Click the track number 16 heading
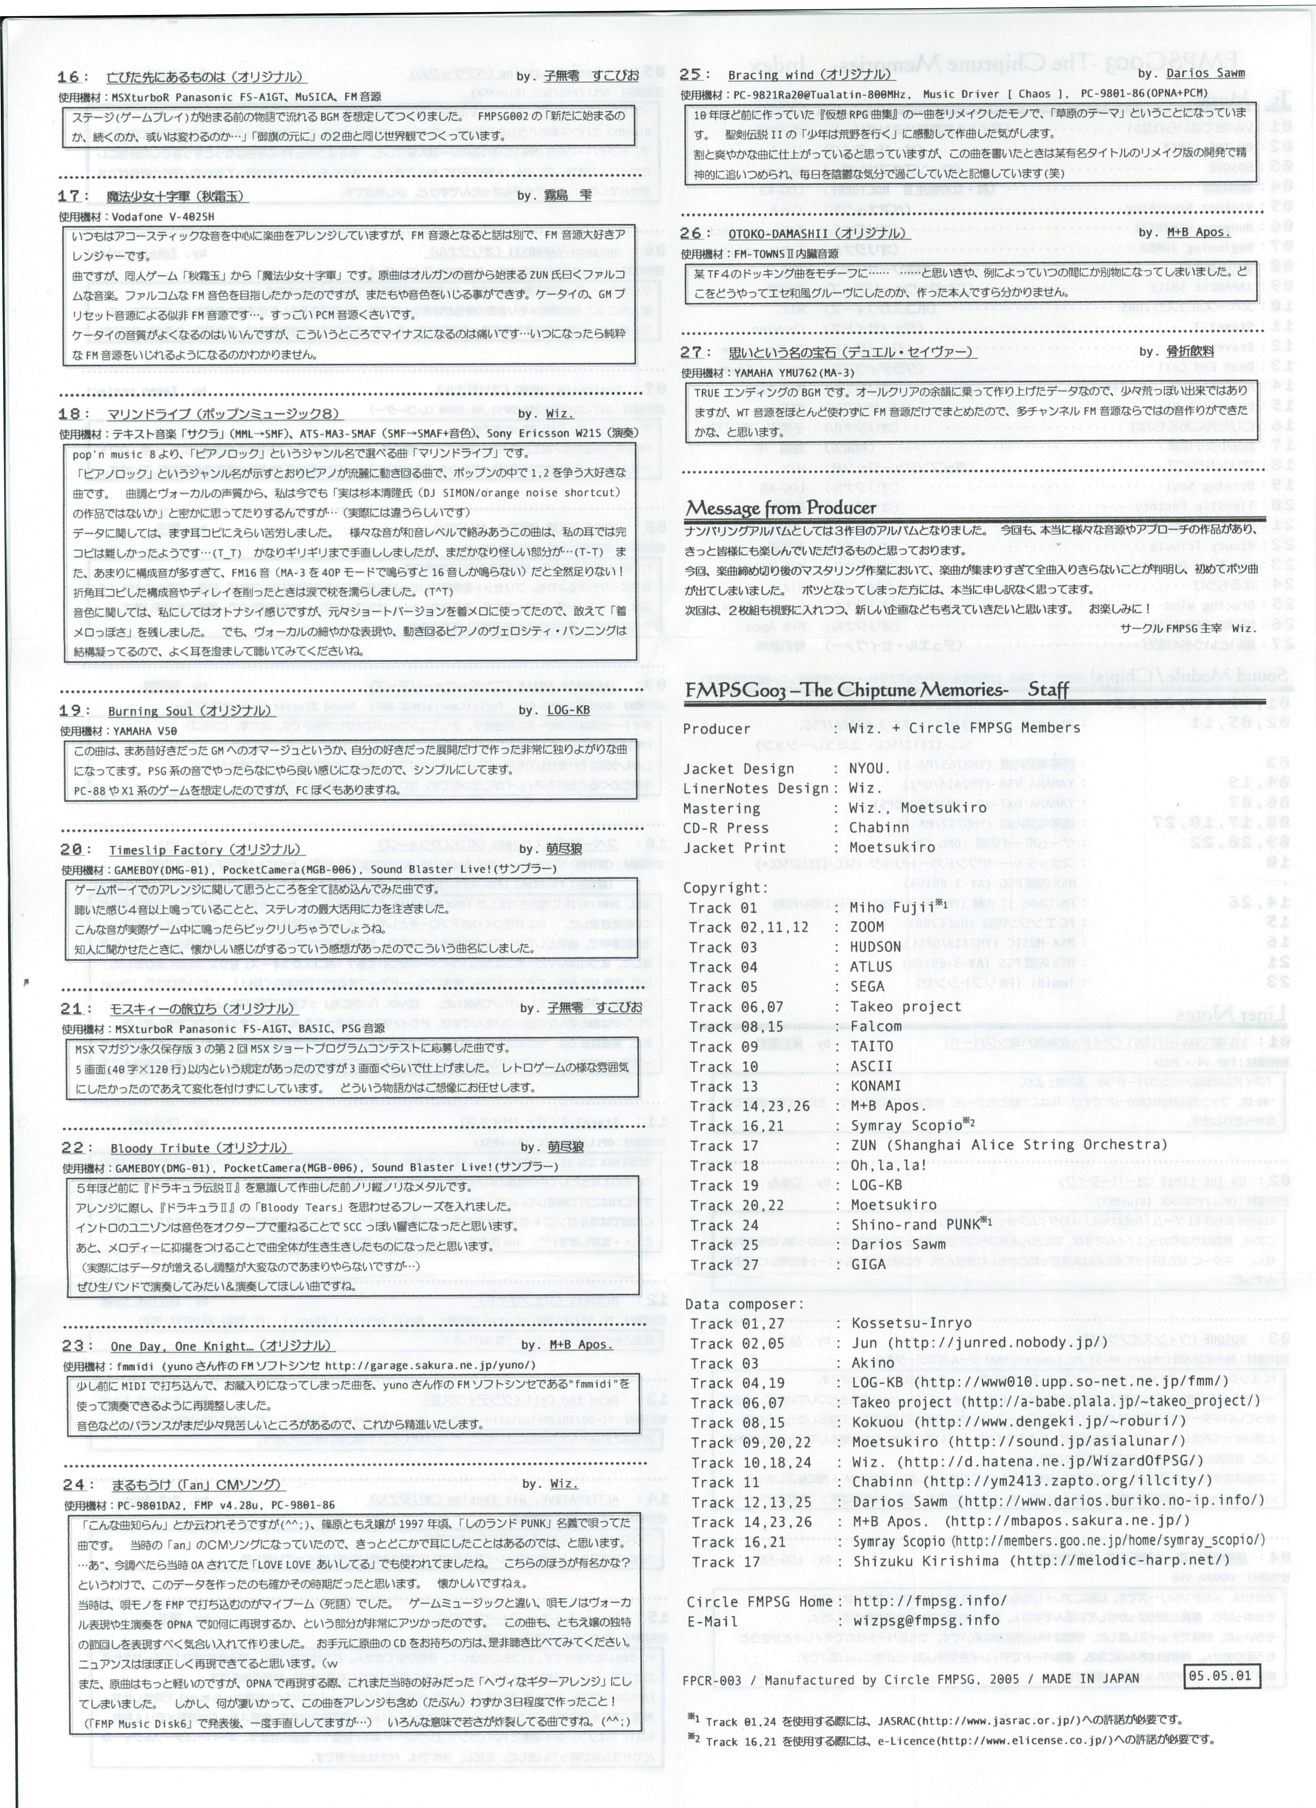68,77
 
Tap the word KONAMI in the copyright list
875,1086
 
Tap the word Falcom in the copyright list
875,1026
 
